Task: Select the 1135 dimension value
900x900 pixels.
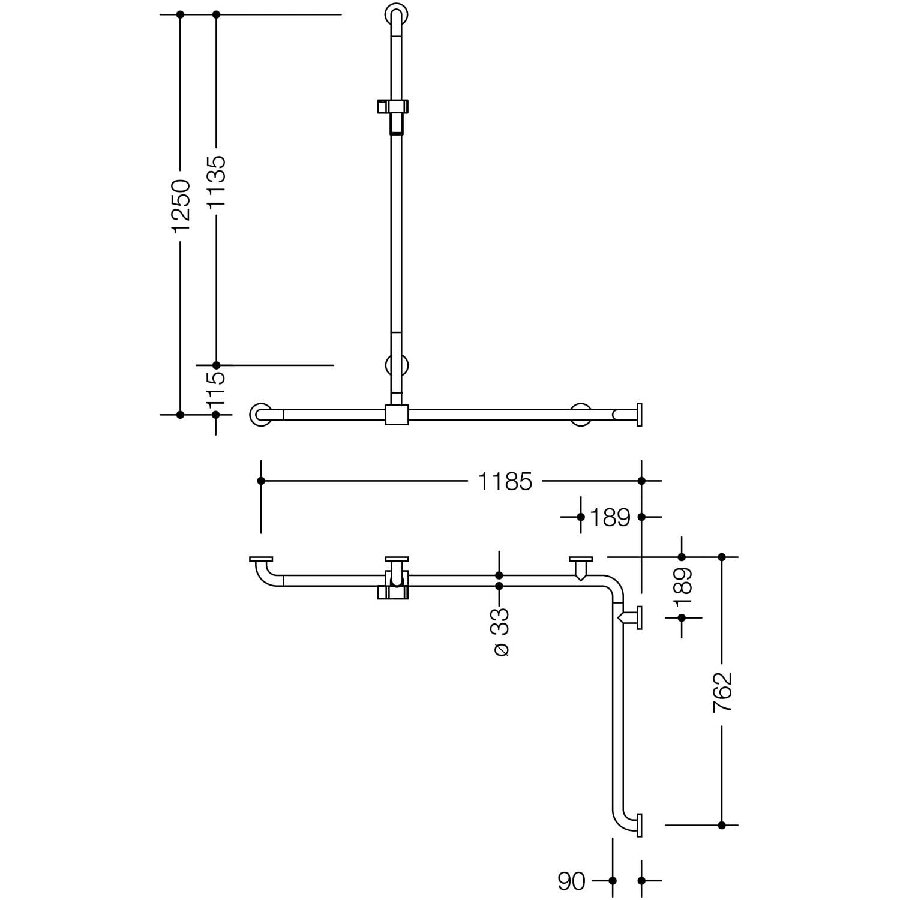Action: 216,182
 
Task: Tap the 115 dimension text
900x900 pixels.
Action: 216,388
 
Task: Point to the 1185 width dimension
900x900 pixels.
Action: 505,481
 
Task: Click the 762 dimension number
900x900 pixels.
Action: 722,692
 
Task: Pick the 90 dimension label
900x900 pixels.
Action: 571,881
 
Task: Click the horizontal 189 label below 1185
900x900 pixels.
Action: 610,517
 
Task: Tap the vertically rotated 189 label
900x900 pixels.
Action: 682,587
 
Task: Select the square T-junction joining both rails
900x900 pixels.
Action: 397,415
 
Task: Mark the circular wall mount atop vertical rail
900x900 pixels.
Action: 396,13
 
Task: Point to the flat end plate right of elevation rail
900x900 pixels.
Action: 639,415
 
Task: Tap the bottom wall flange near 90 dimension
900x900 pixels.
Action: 639,825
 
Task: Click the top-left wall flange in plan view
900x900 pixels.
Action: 261,559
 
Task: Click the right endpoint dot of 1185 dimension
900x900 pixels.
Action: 641,481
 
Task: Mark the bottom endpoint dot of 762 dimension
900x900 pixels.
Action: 722,825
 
